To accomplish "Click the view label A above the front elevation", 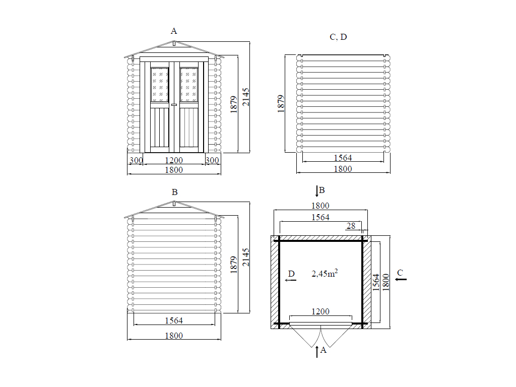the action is (174, 31).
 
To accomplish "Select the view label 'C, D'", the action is (338, 37).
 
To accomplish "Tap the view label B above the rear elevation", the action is (175, 192).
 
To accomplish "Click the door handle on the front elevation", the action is (174, 105).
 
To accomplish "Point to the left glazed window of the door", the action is (160, 85).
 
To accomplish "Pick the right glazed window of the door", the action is (189, 85).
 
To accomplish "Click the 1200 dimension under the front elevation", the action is (174, 160).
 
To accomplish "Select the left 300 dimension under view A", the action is (136, 160).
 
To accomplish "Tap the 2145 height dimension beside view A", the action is (246, 97).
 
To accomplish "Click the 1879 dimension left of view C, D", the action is (281, 104).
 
